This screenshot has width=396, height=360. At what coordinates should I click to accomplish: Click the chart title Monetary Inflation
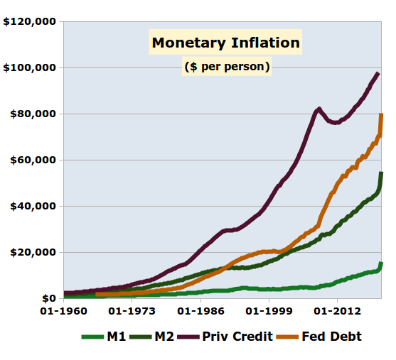click(226, 43)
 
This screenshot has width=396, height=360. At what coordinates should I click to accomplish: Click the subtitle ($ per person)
click(227, 67)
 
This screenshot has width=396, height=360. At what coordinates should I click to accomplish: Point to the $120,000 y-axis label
click(29, 22)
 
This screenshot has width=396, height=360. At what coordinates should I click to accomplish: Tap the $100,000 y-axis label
click(29, 68)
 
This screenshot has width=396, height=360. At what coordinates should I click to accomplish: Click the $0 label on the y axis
click(48, 299)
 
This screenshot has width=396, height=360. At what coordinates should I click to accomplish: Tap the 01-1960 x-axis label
click(63, 311)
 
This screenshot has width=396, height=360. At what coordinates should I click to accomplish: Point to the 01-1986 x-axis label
click(200, 311)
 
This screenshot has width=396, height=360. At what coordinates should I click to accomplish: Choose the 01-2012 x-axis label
click(336, 311)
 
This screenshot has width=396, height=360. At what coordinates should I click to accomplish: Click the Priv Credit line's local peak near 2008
click(319, 109)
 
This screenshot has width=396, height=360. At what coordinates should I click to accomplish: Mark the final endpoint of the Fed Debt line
click(382, 114)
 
